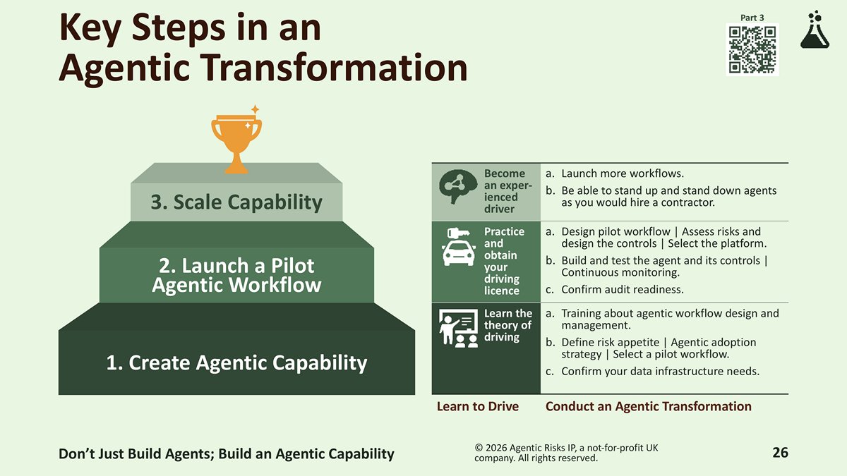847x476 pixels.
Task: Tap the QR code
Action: tap(752, 49)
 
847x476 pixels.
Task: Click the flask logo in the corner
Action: tap(815, 30)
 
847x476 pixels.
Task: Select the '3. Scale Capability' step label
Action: tap(236, 202)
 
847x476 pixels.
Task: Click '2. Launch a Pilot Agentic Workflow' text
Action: tap(236, 275)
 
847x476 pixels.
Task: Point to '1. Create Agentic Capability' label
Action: tap(236, 362)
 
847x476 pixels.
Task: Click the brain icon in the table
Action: tap(458, 186)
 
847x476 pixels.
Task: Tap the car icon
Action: tap(459, 252)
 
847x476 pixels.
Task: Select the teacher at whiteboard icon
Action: tap(458, 329)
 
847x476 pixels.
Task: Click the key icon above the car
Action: tap(458, 233)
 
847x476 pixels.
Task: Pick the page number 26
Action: tap(781, 453)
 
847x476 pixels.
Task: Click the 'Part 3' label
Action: tap(752, 18)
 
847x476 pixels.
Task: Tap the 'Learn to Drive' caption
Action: tap(478, 406)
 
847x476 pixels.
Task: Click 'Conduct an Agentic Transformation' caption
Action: tap(649, 406)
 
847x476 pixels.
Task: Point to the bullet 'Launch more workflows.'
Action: tap(623, 173)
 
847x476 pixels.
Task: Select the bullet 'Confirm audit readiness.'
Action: tap(623, 289)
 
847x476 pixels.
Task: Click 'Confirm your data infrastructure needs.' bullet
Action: tap(660, 372)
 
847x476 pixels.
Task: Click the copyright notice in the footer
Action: tap(566, 453)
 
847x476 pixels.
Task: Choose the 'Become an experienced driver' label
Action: tap(507, 191)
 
